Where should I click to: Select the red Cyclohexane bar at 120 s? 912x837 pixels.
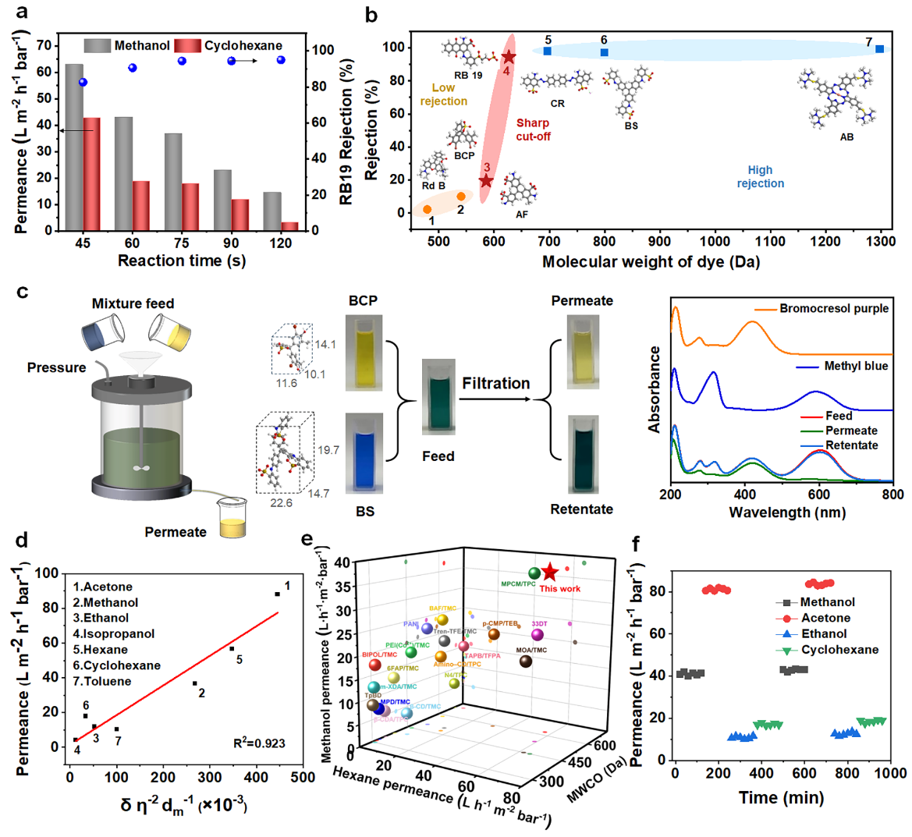(x=289, y=226)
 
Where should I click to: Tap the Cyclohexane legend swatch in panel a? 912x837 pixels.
(x=187, y=46)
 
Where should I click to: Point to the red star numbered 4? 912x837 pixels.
(x=509, y=57)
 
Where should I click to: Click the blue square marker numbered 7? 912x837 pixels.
(x=879, y=49)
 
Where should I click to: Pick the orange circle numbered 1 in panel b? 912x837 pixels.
(x=428, y=209)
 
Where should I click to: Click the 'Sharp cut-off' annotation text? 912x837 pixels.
(x=534, y=129)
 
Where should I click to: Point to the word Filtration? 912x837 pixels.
(x=495, y=383)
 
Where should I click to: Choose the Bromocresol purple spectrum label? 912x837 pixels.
(x=834, y=309)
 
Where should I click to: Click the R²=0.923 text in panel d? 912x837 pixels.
(x=259, y=743)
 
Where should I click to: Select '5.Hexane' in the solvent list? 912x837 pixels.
(x=101, y=650)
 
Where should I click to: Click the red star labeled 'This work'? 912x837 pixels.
(x=549, y=572)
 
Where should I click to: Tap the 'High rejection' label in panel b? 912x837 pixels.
(x=760, y=176)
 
